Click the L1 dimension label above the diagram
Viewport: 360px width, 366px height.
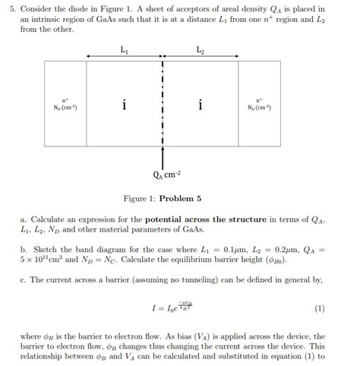pos(125,50)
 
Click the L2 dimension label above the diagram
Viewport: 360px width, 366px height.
pos(200,50)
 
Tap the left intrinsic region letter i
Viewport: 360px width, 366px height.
pos(124,105)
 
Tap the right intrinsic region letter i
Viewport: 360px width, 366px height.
pos(200,105)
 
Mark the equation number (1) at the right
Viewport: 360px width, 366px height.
pos(319,309)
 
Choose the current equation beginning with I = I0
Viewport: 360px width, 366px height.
pos(170,308)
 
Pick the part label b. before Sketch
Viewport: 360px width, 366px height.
pos(24,248)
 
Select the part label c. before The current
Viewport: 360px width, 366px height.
pos(24,279)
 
